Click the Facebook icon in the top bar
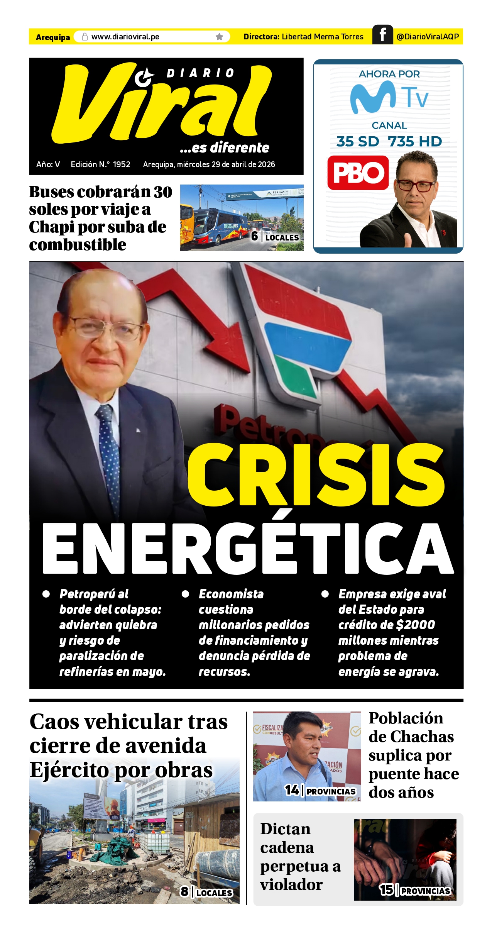[x=382, y=35]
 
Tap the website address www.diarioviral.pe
[x=125, y=37]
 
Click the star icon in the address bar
[x=219, y=37]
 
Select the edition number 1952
[x=122, y=164]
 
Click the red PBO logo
[x=358, y=173]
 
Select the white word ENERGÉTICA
[x=248, y=548]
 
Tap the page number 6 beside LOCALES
[x=254, y=236]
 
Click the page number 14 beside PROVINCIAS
[x=292, y=790]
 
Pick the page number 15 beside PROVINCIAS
[x=386, y=890]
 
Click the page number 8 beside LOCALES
[x=184, y=891]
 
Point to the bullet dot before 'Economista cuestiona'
[x=185, y=594]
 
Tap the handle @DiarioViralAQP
[x=428, y=37]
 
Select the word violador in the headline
[x=291, y=884]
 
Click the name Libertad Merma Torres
[x=323, y=37]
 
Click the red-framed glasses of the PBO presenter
[x=415, y=185]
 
